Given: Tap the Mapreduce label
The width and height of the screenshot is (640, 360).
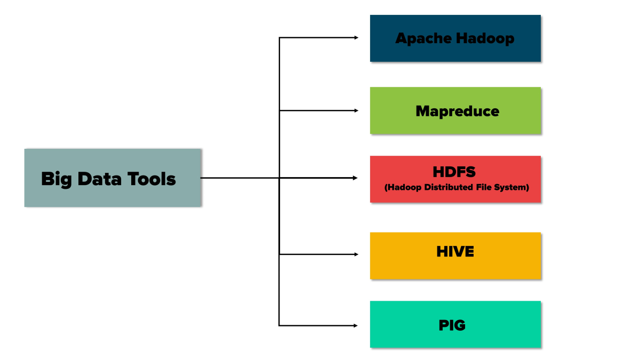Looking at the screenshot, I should [x=457, y=111].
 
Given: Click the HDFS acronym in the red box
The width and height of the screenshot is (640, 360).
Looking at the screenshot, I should [x=455, y=172].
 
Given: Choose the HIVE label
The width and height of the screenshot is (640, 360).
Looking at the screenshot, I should [x=455, y=251].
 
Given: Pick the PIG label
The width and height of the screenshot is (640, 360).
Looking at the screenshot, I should [x=452, y=325].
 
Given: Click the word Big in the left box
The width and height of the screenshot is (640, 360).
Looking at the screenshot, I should [x=57, y=179].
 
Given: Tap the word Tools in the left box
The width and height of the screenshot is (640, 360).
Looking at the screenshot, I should [x=153, y=179].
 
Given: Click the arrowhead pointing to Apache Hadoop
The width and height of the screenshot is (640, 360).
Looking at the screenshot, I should [x=356, y=38].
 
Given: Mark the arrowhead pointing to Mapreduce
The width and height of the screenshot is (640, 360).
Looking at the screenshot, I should [x=356, y=110].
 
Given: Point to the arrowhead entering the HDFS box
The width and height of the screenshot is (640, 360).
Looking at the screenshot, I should [x=355, y=178].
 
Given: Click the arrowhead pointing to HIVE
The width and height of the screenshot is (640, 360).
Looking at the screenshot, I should [x=356, y=254].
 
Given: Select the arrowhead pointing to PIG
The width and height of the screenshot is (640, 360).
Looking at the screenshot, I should [x=355, y=325].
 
